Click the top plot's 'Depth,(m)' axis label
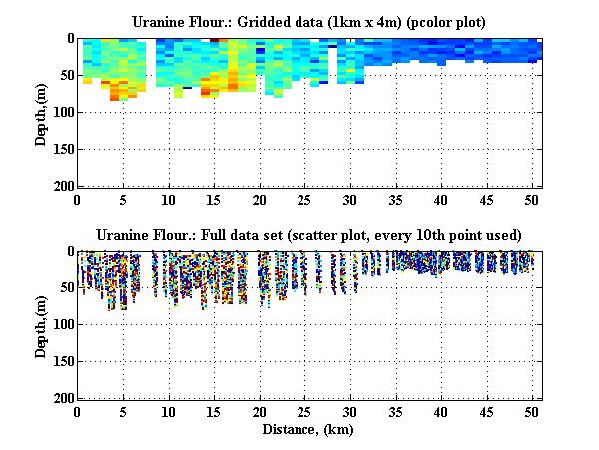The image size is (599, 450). [x=41, y=112]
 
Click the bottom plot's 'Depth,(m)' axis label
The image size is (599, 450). [x=41, y=324]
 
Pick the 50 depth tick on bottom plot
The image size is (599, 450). [x=64, y=288]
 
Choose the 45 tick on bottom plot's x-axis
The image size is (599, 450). [x=486, y=411]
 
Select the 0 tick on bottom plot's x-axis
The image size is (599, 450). [x=78, y=411]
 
